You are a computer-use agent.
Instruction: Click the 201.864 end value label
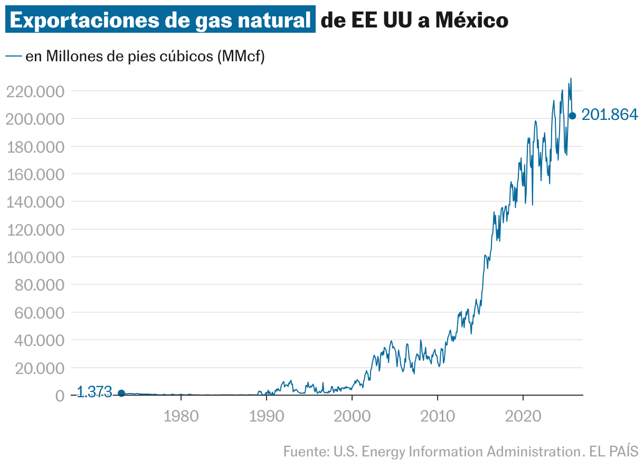(610, 115)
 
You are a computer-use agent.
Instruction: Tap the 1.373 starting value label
(94, 392)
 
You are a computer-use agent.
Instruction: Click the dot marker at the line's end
(572, 116)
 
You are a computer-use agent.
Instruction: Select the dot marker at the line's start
(121, 393)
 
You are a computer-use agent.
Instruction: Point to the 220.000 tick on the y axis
(35, 91)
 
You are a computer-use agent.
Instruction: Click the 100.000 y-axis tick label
(35, 257)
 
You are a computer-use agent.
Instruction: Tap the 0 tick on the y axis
(60, 396)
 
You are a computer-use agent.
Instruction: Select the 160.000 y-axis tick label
(35, 174)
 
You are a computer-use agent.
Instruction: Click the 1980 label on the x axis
(181, 416)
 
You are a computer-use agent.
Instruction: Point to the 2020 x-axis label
(523, 416)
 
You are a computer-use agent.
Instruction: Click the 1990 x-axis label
(267, 416)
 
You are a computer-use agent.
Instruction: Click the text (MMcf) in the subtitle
(240, 56)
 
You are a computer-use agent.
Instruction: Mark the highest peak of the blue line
(571, 78)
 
